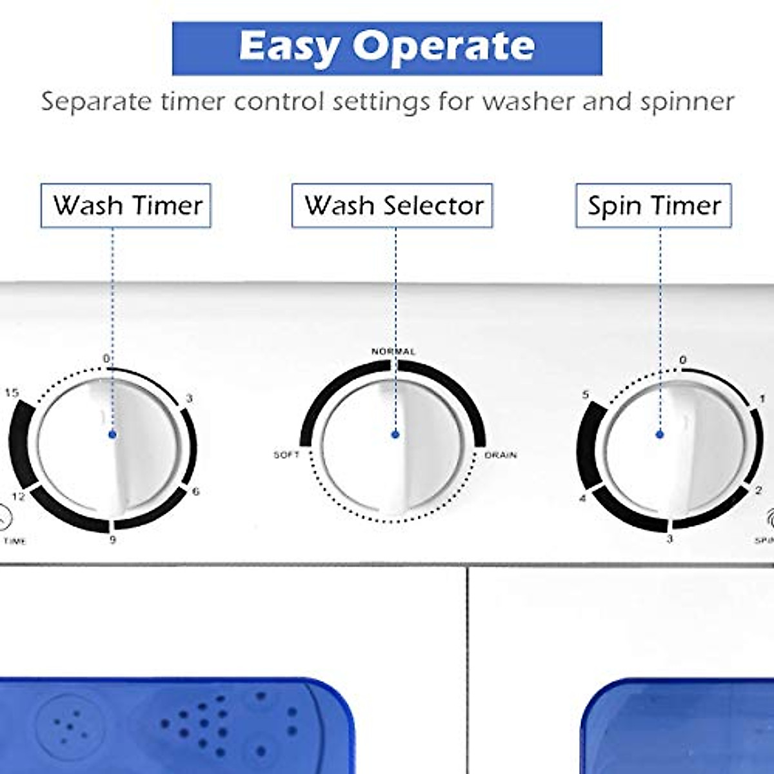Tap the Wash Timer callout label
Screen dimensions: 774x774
(126, 206)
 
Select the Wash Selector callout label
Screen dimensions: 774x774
(392, 206)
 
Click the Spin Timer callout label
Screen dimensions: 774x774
(653, 206)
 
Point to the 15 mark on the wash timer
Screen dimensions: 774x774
(12, 393)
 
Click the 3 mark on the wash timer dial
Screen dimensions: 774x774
(188, 399)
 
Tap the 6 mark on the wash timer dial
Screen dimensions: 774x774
(195, 491)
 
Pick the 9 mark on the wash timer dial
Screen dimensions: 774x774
(112, 539)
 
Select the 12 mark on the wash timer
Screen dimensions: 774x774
(18, 497)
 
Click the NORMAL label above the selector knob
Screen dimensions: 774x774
(393, 352)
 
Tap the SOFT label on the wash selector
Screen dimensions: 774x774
(287, 455)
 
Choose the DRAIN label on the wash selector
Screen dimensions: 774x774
(501, 455)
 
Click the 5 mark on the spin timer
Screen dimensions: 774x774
(586, 395)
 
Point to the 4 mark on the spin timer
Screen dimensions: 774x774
(582, 499)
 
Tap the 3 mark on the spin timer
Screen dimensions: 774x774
(670, 539)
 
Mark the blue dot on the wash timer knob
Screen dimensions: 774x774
(113, 435)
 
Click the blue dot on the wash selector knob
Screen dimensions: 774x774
(395, 435)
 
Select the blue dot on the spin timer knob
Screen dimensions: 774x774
(660, 435)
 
